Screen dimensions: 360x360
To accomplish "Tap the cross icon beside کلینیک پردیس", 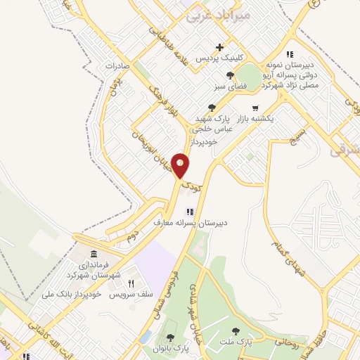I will pyautogui.click(x=220, y=48).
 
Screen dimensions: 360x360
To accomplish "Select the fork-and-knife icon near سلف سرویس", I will pyautogui.click(x=130, y=283).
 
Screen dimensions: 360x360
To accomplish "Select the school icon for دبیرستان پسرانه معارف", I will pyautogui.click(x=189, y=212).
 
